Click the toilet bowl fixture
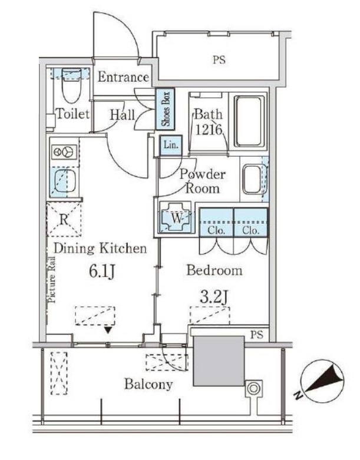pos(71,85)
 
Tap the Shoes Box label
pos(166,109)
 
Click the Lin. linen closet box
pos(171,145)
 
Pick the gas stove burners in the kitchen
pos(65,152)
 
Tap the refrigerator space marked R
pos(64,219)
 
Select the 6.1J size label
pos(101,272)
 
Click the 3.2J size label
pos(214,297)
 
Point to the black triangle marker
pos(108,330)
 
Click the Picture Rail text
pos(52,280)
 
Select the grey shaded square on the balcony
pos(219,360)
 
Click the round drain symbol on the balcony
pos(253,388)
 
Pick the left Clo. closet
pos(216,222)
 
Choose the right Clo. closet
pos(251,222)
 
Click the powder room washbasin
pos(252,179)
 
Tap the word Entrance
pos(123,77)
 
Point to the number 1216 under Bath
pos(209,130)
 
